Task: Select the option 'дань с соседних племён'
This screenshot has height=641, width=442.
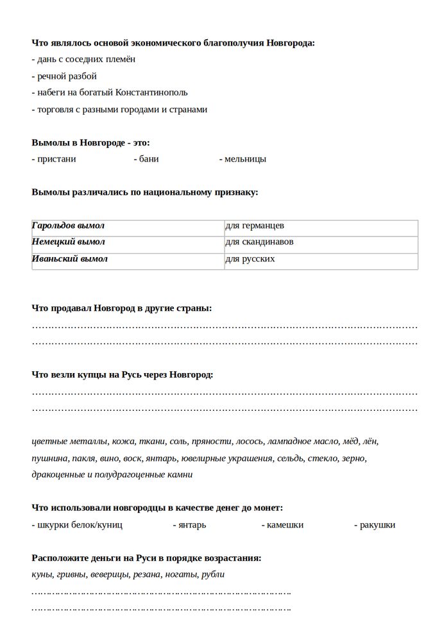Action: coord(83,60)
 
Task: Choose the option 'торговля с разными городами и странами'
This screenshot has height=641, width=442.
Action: coord(119,110)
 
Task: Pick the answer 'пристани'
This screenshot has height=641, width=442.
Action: coord(54,159)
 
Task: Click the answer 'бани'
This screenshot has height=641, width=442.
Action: coord(146,159)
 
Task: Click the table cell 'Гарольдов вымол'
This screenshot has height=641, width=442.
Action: coord(69,226)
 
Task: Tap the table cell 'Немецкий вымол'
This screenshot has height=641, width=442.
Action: coord(69,242)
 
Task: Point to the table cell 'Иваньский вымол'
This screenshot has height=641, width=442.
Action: coord(70,259)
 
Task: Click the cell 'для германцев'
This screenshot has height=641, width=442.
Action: coord(255,226)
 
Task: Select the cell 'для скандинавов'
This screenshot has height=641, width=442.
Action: coord(260,242)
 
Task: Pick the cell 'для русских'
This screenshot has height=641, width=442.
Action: coord(250,259)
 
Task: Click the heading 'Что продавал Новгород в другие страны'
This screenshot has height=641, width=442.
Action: coord(122,308)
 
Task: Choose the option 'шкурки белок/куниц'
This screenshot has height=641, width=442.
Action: coord(77,525)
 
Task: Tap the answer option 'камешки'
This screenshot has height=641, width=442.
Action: coord(283,525)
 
